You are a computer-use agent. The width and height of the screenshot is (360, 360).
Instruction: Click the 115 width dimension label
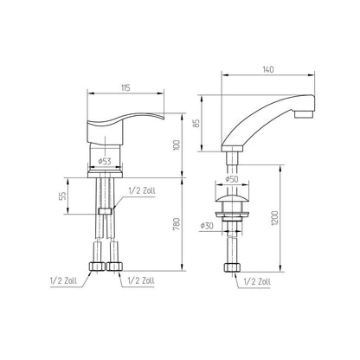click(x=125, y=87)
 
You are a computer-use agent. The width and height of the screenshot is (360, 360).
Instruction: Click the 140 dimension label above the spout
click(x=268, y=69)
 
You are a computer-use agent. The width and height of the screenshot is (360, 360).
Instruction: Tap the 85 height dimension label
click(x=196, y=124)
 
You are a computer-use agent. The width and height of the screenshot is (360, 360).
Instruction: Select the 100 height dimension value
click(x=177, y=145)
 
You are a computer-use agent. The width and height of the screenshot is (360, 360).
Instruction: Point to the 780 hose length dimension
click(x=177, y=224)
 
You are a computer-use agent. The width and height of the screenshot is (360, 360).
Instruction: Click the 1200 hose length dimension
click(x=274, y=218)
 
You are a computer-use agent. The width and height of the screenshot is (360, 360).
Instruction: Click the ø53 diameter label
click(x=105, y=161)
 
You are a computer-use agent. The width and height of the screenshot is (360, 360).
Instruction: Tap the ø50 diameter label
click(x=231, y=179)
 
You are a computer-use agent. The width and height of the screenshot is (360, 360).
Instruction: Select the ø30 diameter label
click(x=207, y=225)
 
